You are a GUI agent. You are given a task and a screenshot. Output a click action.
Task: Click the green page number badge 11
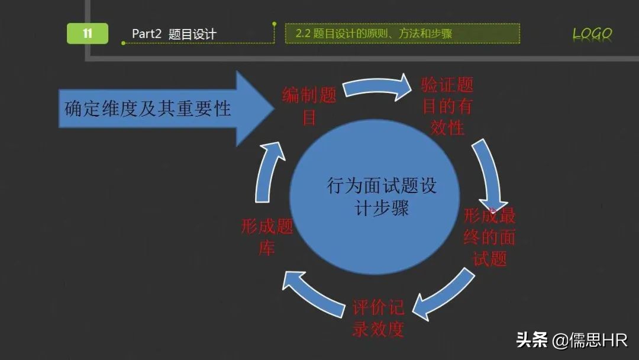[x=88, y=33]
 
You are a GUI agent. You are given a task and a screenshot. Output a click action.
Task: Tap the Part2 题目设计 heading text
[x=173, y=34]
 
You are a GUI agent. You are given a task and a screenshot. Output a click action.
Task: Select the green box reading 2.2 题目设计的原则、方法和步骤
[x=402, y=33]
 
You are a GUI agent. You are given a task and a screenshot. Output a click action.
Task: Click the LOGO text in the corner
[x=592, y=34]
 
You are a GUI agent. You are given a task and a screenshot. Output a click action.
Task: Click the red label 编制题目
[x=309, y=105]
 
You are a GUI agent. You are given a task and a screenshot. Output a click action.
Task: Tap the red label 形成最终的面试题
[x=490, y=237]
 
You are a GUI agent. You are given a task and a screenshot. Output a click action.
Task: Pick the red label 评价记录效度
[x=379, y=318]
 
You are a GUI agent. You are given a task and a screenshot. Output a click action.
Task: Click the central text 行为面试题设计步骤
[x=382, y=197]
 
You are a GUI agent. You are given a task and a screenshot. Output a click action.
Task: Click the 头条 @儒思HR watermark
[x=571, y=340]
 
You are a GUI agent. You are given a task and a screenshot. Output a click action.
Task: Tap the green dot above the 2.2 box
[x=275, y=24]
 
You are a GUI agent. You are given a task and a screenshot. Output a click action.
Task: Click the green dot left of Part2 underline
[x=123, y=43]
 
